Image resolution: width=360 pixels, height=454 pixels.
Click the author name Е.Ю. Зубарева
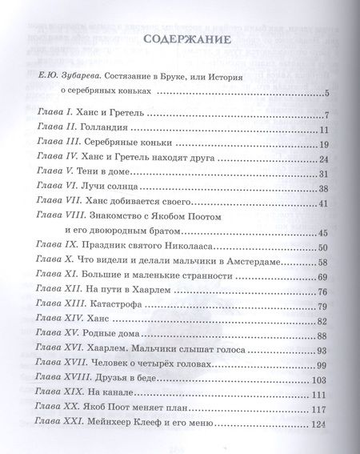(x=70, y=76)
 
